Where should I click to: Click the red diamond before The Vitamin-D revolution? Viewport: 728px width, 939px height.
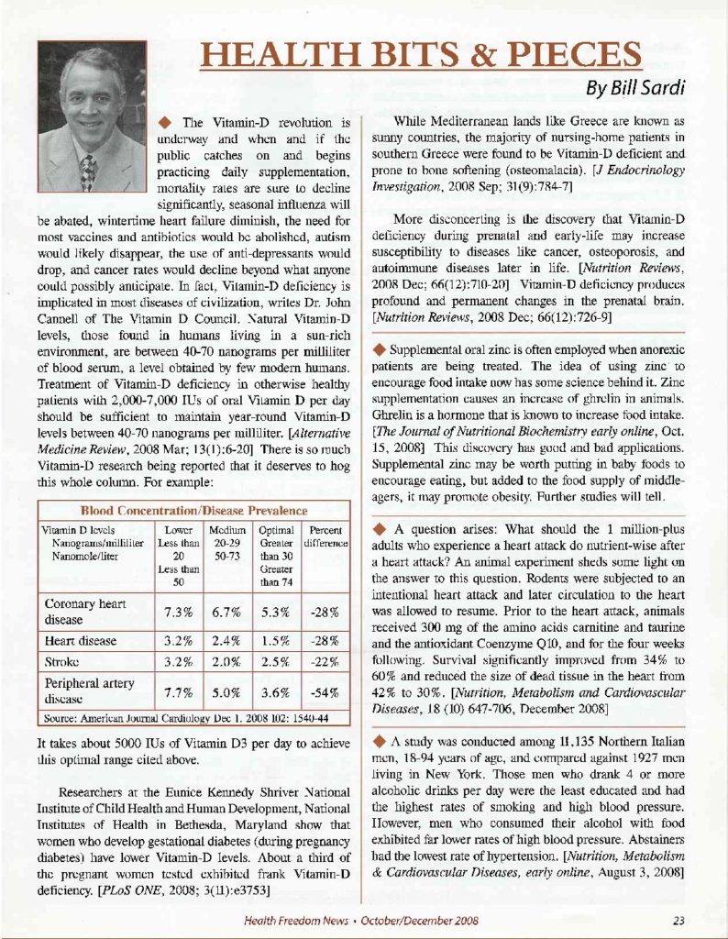(x=167, y=122)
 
